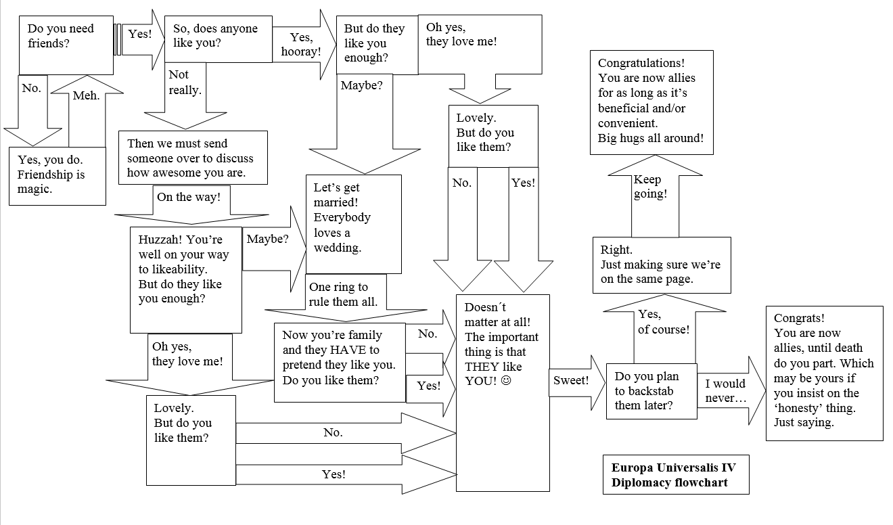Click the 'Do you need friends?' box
[x=66, y=45]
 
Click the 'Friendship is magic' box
[x=58, y=175]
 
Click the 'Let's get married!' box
[x=353, y=223]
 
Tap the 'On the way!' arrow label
[x=189, y=198]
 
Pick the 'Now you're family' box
[x=339, y=362]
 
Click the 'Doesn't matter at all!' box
[x=502, y=392]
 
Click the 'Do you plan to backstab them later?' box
[x=651, y=391]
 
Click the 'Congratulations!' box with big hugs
[x=651, y=101]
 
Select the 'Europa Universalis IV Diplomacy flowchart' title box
[x=675, y=474]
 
